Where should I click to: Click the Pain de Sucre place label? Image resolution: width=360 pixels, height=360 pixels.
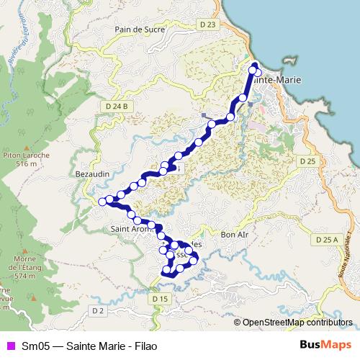(140, 30)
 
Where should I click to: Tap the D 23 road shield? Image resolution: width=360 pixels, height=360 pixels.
(209, 24)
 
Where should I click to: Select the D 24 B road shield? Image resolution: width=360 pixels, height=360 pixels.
(116, 106)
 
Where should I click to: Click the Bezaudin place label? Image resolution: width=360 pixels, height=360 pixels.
(91, 174)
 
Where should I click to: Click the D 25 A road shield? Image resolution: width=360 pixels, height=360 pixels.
(327, 238)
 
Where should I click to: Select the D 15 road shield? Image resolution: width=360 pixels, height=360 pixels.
(160, 298)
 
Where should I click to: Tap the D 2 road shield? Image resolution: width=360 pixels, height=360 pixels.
(98, 310)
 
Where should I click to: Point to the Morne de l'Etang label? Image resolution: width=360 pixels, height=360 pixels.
(24, 267)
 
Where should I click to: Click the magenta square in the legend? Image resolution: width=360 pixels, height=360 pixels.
(9, 345)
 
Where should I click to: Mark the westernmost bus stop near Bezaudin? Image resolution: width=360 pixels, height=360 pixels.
(102, 201)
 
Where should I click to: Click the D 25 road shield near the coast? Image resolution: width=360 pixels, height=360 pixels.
(307, 161)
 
